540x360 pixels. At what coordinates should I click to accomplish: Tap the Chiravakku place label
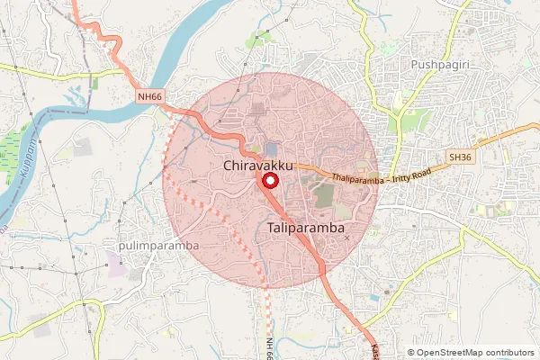[x=257, y=166]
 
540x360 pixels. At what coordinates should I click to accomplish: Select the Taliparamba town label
[x=307, y=230]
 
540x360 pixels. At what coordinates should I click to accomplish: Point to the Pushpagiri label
[x=442, y=66]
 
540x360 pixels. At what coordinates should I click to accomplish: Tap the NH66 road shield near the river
[x=149, y=95]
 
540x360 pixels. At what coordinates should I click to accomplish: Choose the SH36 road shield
[x=459, y=157]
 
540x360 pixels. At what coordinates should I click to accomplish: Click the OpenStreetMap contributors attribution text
[x=475, y=353]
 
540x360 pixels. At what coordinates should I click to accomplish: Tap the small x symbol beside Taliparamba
[x=346, y=238]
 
